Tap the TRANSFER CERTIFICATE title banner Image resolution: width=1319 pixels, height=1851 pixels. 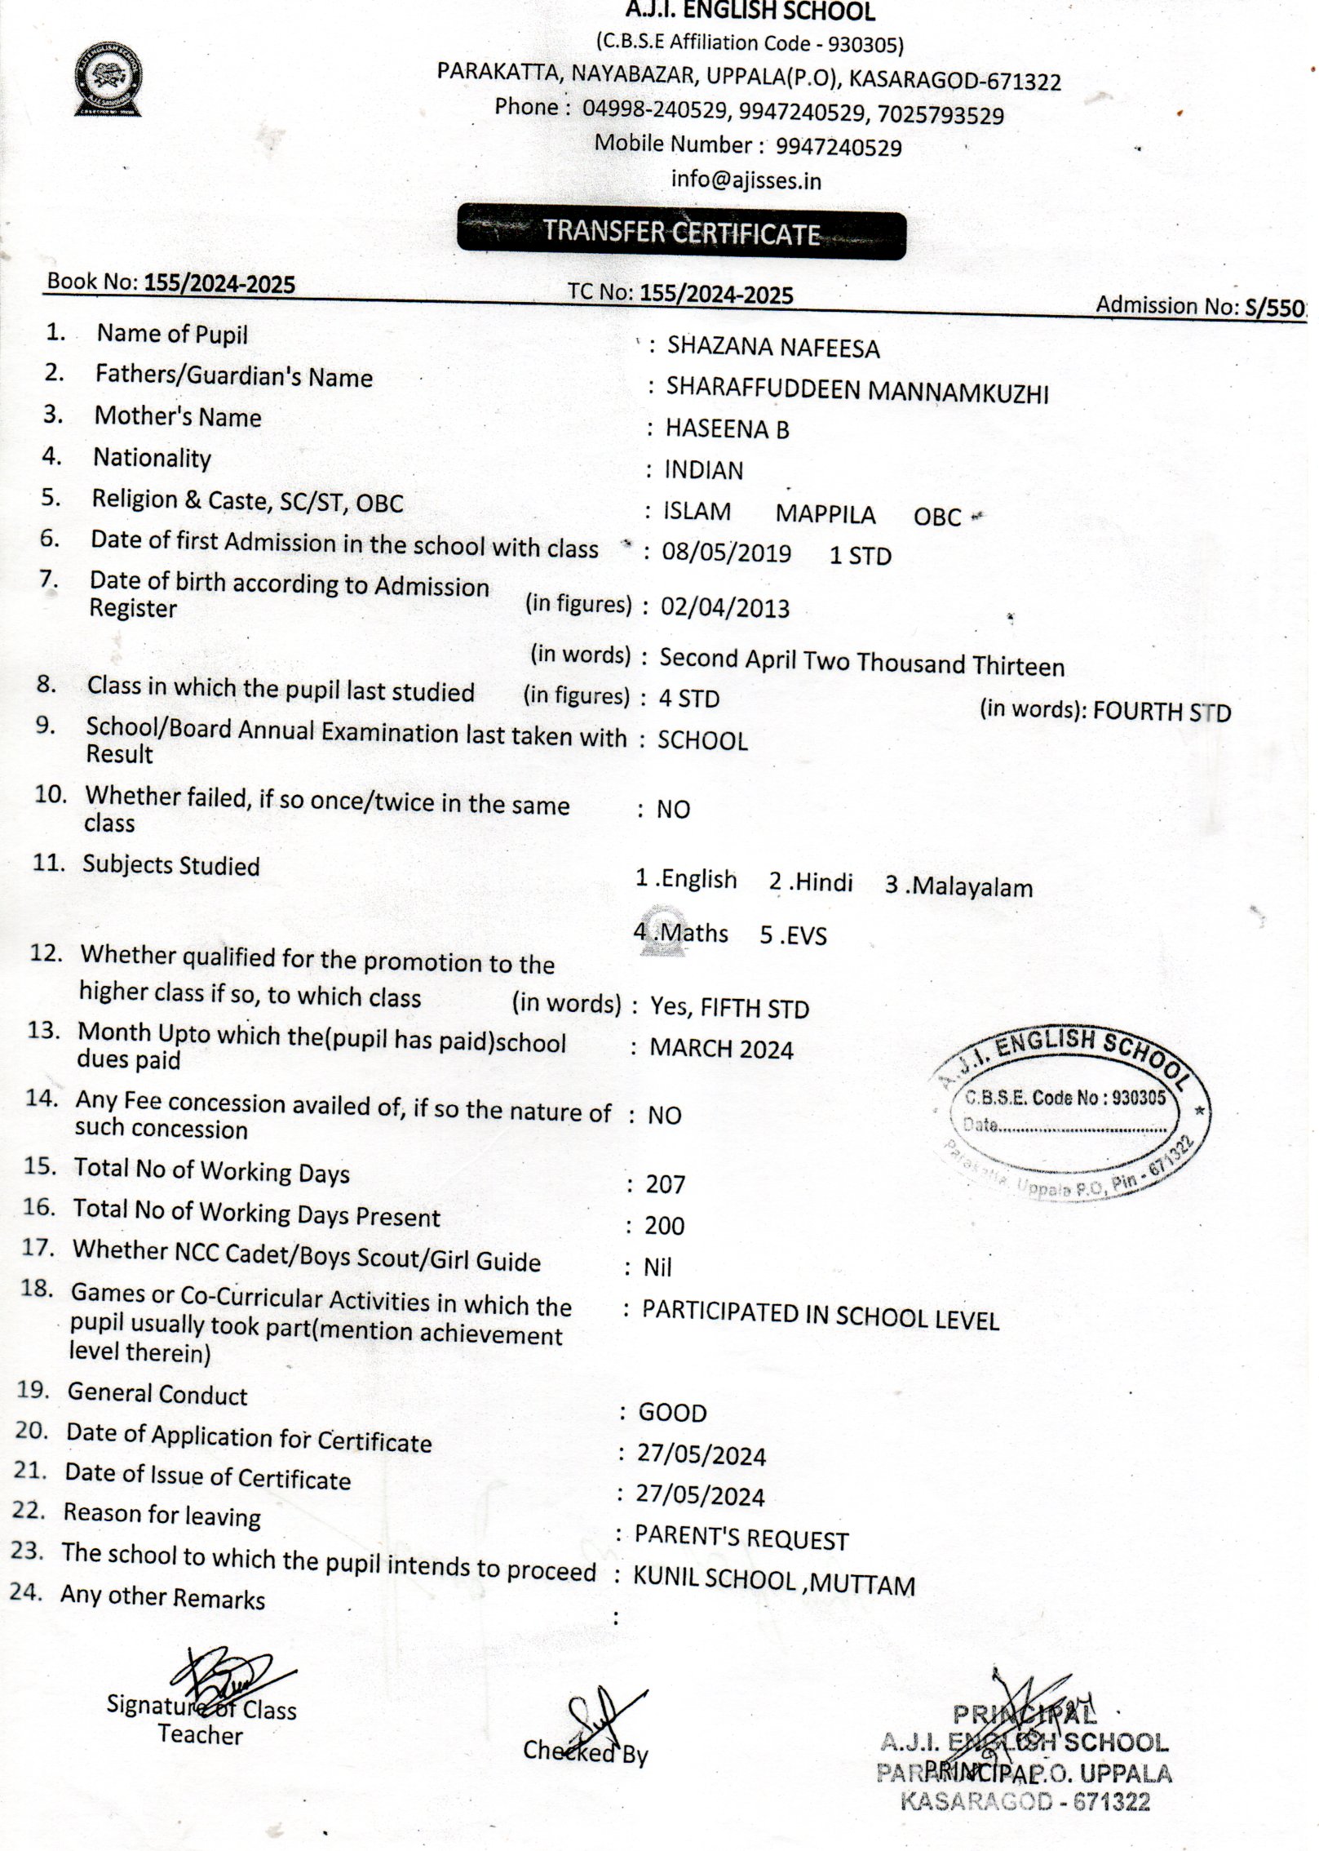click(x=681, y=235)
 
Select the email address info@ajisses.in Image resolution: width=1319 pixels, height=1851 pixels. click(x=746, y=180)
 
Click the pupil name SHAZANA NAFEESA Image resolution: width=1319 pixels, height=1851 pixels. click(x=772, y=348)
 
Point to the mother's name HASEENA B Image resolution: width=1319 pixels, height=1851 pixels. click(x=727, y=428)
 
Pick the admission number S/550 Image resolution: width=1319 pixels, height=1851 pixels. click(x=1274, y=307)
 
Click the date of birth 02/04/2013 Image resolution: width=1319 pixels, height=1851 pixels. click(x=724, y=608)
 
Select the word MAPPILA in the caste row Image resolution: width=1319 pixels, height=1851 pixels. click(x=825, y=514)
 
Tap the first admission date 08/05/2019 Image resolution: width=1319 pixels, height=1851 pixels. click(x=725, y=553)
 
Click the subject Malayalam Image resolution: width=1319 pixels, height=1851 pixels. click(x=959, y=886)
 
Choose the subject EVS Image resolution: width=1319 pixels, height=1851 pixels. click(x=793, y=935)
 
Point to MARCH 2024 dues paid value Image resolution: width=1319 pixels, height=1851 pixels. click(x=721, y=1049)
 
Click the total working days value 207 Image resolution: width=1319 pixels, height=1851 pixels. click(x=665, y=1183)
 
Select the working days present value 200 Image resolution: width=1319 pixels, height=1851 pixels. click(x=664, y=1225)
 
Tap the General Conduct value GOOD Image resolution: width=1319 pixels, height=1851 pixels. click(x=672, y=1412)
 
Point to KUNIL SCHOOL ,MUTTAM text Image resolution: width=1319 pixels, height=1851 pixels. click(x=773, y=1582)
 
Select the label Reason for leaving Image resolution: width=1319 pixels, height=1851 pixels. click(x=162, y=1515)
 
